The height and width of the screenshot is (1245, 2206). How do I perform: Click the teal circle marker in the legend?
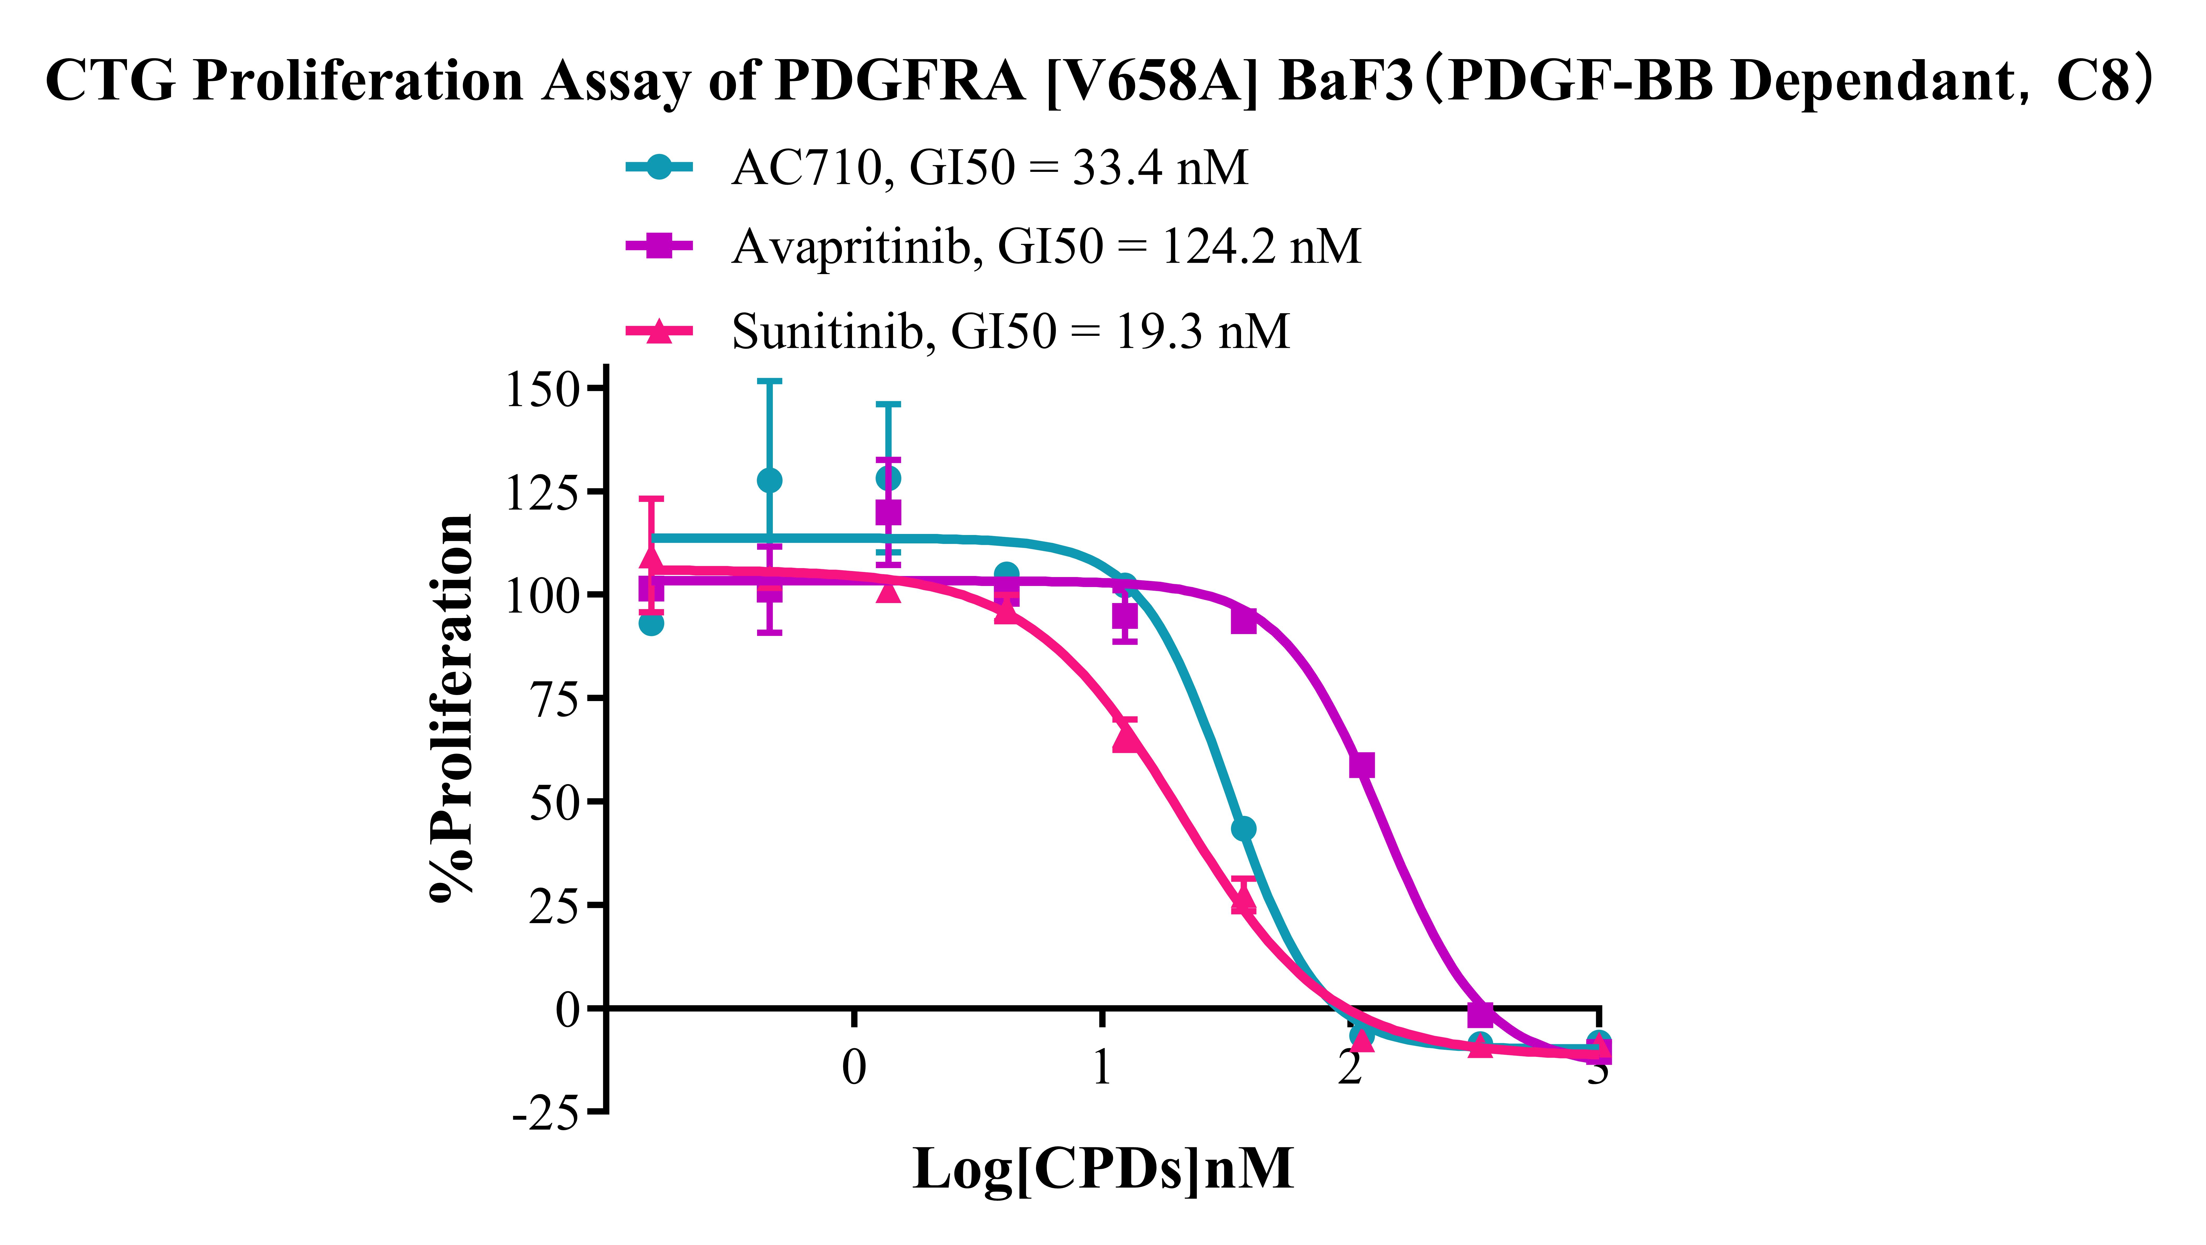[658, 167]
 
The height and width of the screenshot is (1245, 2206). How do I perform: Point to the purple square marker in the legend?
[658, 246]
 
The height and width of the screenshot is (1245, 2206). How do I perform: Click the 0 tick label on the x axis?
[854, 1067]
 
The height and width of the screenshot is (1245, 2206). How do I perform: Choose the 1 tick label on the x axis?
[1101, 1067]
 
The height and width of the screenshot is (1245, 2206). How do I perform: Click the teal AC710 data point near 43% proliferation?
[1243, 829]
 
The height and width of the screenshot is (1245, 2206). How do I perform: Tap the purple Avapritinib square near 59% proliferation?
[1362, 765]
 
